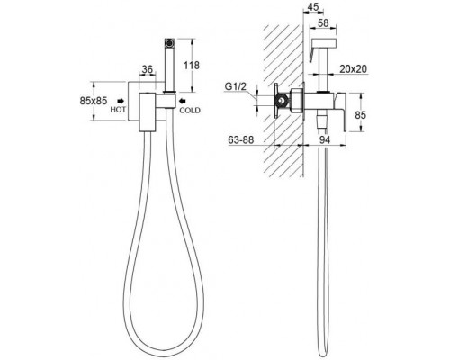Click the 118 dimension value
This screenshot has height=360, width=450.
coord(192,66)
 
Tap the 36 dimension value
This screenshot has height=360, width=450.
coord(148,69)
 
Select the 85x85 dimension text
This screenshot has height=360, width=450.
coord(94,101)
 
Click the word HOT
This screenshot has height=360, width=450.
coord(118,110)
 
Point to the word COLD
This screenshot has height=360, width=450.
coord(190,111)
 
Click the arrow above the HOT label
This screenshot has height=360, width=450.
coord(121,101)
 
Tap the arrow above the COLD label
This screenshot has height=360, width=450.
coord(183,101)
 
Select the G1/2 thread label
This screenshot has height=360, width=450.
coord(236,86)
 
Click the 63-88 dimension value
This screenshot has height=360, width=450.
coord(241,140)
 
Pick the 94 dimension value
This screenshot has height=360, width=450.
coord(324,139)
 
